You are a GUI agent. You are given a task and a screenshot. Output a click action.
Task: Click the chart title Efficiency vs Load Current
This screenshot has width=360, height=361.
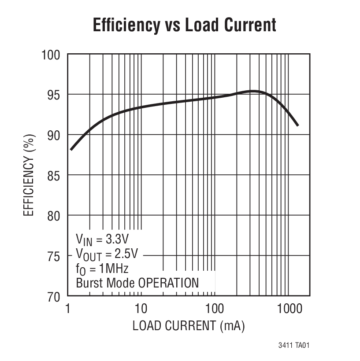click(x=184, y=25)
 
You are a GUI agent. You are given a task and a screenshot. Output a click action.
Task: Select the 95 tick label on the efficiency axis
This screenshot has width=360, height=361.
click(x=54, y=95)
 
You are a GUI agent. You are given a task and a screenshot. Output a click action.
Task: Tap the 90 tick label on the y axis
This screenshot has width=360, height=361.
click(x=54, y=135)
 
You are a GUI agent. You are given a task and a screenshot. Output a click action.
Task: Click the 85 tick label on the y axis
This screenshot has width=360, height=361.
click(x=54, y=175)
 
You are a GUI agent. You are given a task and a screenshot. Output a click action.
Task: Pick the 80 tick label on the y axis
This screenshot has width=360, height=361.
click(x=54, y=216)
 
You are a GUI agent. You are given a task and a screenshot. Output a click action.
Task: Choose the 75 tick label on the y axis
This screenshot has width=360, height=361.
click(x=54, y=256)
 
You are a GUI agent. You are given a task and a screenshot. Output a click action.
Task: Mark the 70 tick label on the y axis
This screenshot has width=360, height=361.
click(x=54, y=296)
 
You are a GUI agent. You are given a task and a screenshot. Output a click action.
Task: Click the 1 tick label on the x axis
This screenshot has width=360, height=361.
click(x=68, y=308)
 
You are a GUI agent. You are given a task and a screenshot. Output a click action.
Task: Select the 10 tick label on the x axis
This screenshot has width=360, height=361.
click(x=141, y=308)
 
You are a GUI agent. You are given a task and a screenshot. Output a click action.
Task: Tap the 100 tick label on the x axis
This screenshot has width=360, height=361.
click(x=215, y=308)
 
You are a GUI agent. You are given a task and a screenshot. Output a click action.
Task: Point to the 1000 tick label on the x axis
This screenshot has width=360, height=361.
click(x=288, y=308)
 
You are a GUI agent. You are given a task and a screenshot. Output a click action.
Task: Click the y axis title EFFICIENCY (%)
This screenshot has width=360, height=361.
click(x=28, y=175)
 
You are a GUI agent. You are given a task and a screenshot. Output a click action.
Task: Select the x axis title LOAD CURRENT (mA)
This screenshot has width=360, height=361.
click(x=188, y=326)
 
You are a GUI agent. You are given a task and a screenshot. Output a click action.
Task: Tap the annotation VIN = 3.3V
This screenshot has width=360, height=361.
click(x=102, y=240)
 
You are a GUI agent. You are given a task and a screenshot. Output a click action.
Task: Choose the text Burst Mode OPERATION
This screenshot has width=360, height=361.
click(x=137, y=283)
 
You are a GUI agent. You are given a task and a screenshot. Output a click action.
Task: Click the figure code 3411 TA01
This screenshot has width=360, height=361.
click(x=294, y=346)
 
